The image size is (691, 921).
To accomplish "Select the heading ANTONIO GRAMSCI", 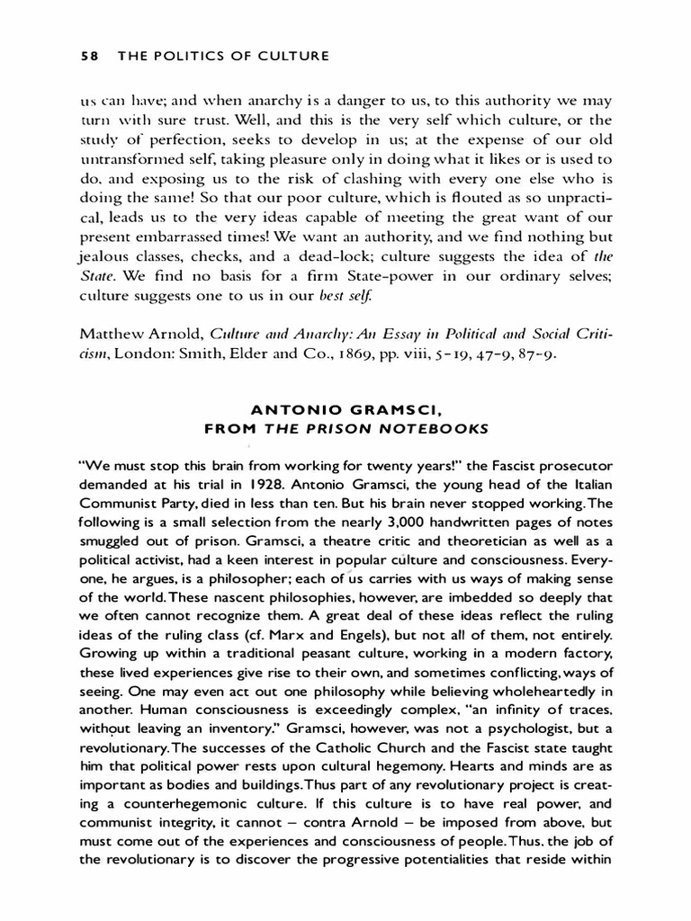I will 345,410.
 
